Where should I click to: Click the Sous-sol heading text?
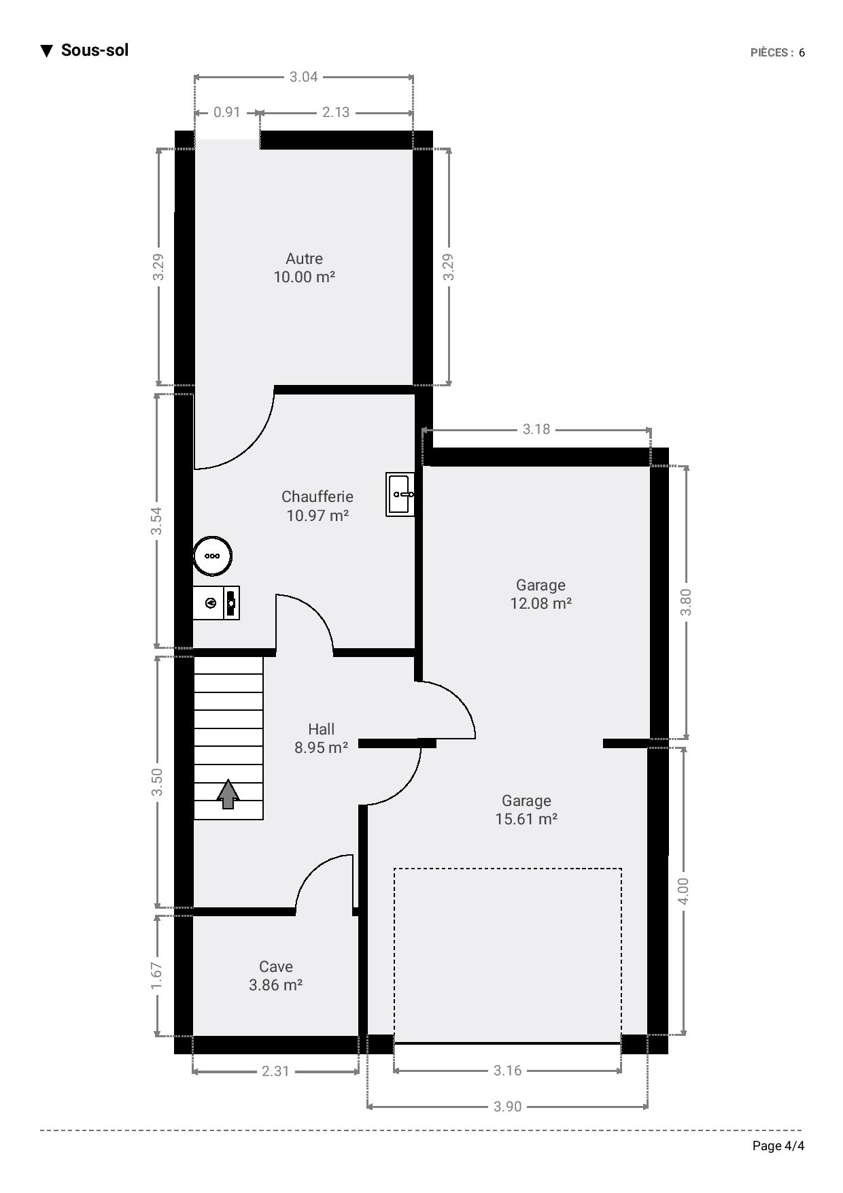94,50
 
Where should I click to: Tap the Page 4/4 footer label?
778,1146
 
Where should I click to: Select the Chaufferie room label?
317,506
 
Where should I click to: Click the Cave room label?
276,976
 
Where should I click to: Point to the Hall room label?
322,739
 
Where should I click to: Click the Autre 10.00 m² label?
305,268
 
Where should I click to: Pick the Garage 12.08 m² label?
541,594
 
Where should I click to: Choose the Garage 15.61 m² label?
527,810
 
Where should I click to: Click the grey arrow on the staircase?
228,794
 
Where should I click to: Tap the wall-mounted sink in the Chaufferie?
400,494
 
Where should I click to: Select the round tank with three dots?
213,556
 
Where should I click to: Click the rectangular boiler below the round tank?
216,603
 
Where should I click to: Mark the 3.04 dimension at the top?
304,77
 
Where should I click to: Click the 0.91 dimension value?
227,112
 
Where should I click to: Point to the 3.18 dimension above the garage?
536,429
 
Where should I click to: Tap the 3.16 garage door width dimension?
507,1071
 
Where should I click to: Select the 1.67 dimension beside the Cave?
157,976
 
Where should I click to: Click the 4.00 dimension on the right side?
683,891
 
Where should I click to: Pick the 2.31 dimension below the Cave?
275,1071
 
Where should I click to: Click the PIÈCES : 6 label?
778,52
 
